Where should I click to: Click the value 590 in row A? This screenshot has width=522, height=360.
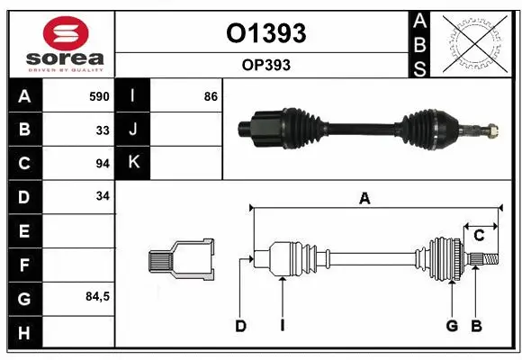(98, 96)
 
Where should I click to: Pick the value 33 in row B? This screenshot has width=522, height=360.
(102, 130)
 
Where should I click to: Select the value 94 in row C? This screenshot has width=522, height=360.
(102, 163)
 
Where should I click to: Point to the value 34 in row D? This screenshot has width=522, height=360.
(102, 196)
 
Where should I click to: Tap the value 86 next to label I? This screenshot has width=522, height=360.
(211, 96)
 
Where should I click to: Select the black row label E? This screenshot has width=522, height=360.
(23, 230)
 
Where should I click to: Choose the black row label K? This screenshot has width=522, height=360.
(133, 163)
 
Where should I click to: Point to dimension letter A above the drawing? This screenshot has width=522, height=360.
(364, 199)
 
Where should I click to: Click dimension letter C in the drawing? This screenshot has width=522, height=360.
(480, 236)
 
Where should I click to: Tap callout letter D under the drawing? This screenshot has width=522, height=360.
(240, 326)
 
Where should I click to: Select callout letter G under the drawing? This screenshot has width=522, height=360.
(452, 326)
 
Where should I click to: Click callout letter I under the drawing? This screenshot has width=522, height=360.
(282, 326)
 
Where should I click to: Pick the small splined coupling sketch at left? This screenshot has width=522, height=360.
(181, 259)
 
